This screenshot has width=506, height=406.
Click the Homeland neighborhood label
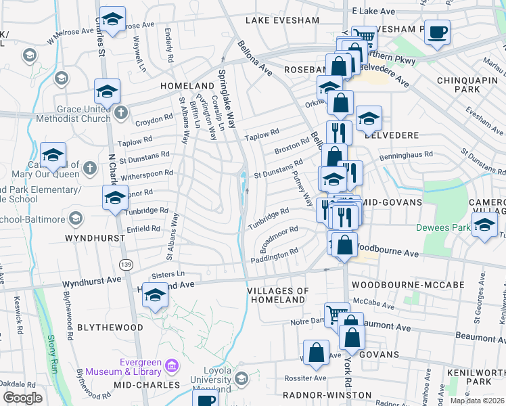point(187,87)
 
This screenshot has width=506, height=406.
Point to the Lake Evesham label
point(281,20)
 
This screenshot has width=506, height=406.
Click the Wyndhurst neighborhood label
point(95,239)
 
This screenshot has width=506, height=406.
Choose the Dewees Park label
point(443,228)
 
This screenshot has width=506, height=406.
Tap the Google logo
point(22,398)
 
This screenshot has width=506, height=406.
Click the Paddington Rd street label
point(275,256)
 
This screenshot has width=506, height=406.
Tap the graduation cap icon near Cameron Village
point(484,227)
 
